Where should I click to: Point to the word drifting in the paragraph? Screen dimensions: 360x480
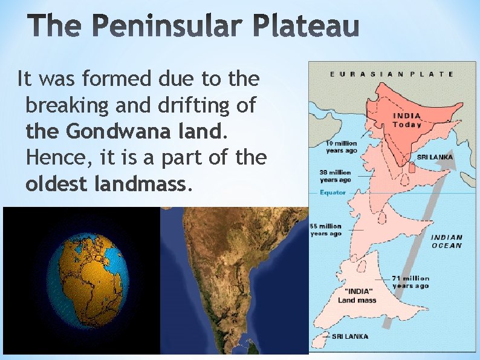[x=198, y=105]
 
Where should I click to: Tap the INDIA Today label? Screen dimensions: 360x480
[x=407, y=120]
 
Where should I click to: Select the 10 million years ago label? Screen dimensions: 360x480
[x=342, y=146]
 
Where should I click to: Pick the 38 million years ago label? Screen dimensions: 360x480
[x=335, y=176]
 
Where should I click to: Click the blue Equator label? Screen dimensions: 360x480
[x=333, y=192]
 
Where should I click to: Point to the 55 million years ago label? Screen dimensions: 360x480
[x=326, y=230]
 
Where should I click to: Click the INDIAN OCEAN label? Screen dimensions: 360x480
[x=447, y=241]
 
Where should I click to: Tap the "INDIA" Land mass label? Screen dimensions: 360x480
[x=357, y=295]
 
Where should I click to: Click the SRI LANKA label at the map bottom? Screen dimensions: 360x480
[x=351, y=336]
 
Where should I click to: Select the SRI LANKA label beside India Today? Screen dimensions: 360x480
[x=435, y=157]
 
